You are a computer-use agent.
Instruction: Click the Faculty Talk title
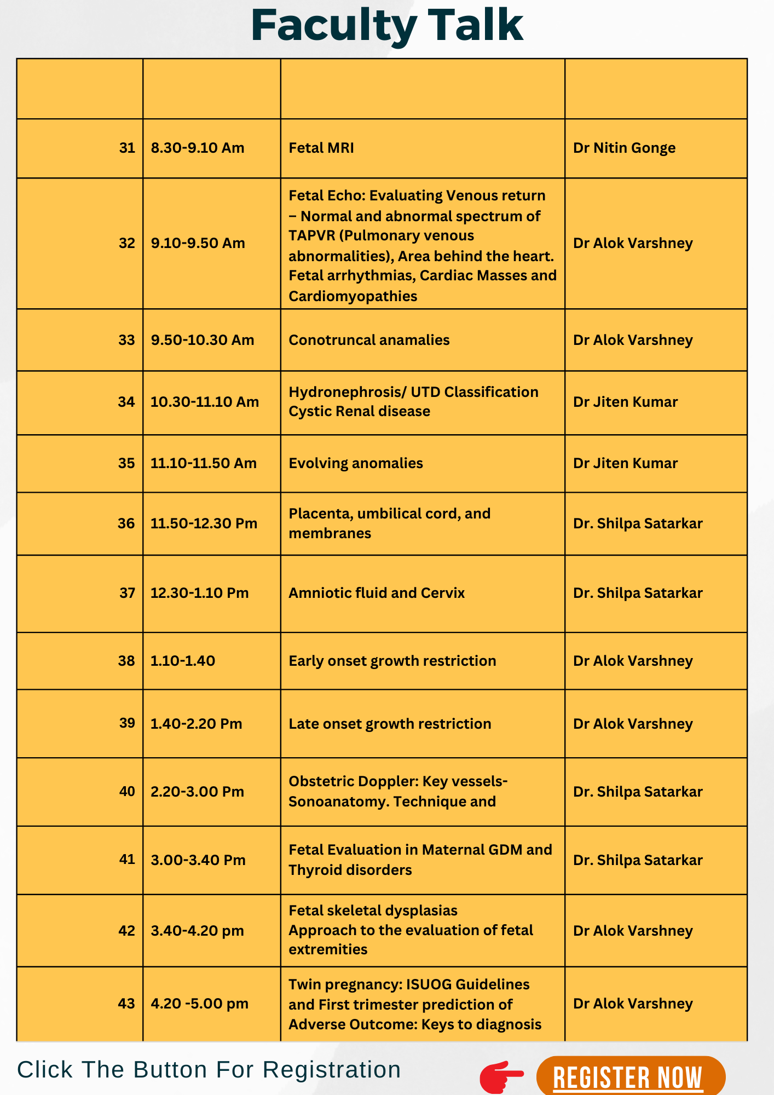[387, 25]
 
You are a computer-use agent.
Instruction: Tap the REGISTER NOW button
[630, 1077]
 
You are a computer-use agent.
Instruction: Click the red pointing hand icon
[501, 1076]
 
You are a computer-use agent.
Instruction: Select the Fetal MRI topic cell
[321, 148]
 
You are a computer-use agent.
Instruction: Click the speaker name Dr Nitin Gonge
[624, 148]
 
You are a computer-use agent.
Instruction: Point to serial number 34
[126, 402]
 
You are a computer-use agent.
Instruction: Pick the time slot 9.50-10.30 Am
[203, 340]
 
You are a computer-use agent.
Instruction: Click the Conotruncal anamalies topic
[369, 340]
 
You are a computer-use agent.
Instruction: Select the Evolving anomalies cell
[356, 463]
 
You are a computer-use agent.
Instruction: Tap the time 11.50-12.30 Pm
[204, 523]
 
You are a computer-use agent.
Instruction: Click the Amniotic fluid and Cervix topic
[377, 593]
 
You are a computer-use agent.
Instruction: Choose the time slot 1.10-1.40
[183, 661]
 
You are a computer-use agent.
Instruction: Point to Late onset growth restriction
[390, 724]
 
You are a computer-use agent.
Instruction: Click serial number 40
[127, 791]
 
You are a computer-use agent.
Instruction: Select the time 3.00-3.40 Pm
[198, 860]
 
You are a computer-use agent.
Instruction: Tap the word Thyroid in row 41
[313, 870]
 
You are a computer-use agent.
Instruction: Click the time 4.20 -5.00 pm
[199, 1004]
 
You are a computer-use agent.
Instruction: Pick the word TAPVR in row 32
[310, 236]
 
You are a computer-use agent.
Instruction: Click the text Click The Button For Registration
[209, 1069]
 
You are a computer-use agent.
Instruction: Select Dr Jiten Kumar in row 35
[625, 463]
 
